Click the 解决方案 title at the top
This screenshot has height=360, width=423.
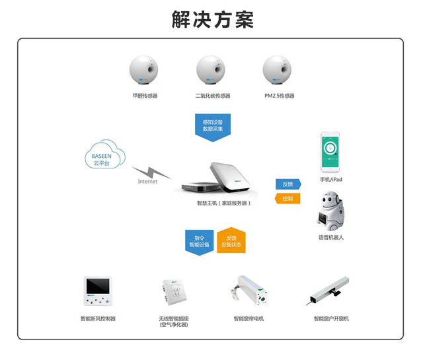coord(213,19)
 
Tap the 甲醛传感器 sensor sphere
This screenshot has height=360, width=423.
coord(143,70)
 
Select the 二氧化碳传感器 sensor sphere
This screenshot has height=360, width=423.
coord(210,70)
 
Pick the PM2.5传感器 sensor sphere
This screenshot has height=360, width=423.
coord(277,70)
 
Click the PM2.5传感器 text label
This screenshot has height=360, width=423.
coord(279,96)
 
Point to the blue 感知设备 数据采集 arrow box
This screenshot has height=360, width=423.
coord(213,127)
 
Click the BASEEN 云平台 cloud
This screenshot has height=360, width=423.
coord(105,155)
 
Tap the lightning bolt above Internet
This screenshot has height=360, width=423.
coord(151,172)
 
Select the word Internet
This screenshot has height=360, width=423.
coord(147,182)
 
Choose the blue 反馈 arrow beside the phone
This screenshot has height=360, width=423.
coord(288,184)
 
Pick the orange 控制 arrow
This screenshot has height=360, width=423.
coord(288,198)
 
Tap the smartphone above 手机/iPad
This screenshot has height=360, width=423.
coord(330,152)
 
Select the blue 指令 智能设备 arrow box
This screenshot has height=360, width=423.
coord(200,242)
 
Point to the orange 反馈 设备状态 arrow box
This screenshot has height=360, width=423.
coord(231,240)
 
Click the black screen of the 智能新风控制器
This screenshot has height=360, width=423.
coord(98,286)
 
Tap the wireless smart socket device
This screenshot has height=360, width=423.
coord(174,293)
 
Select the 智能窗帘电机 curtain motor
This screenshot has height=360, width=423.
coord(249,291)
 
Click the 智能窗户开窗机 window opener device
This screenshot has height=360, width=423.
coord(328,291)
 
